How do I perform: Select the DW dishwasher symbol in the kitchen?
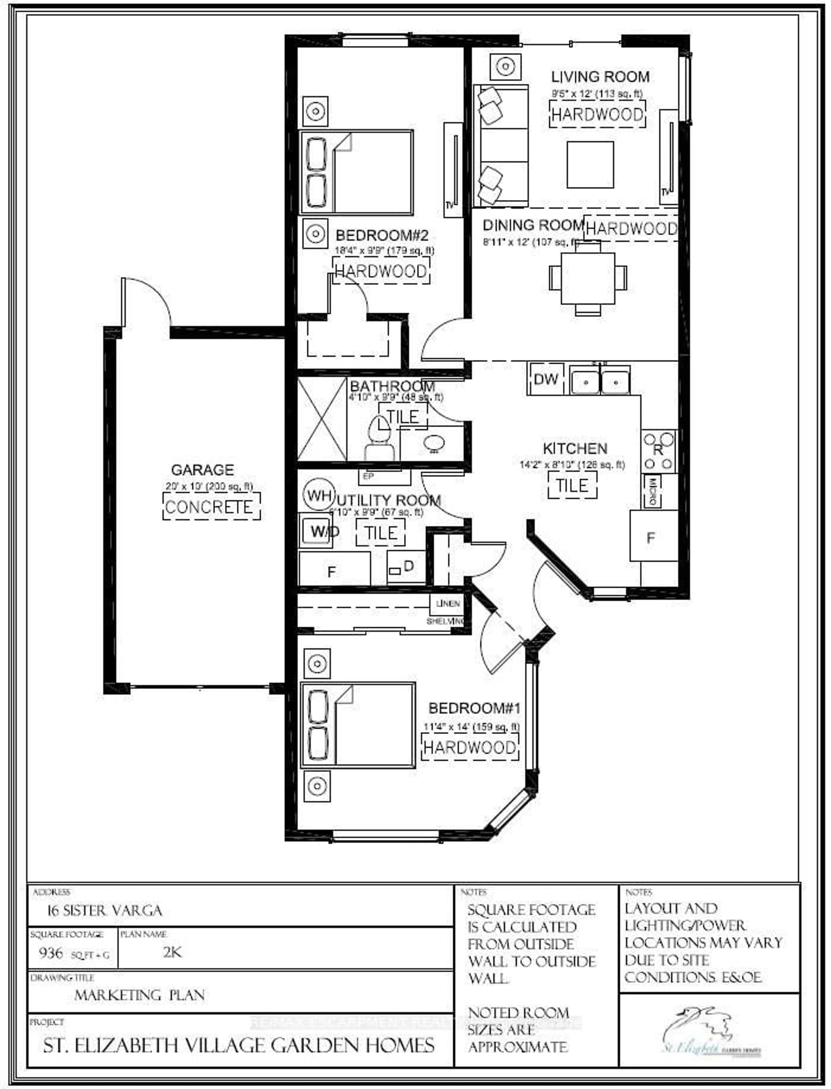pos(546,379)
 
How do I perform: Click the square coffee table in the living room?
pos(590,165)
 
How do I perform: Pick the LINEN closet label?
pos(448,604)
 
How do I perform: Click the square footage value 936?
pos(51,953)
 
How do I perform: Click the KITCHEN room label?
pos(575,448)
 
